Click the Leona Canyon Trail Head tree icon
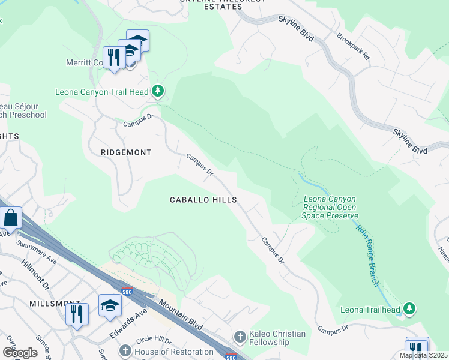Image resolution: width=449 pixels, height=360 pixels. [x=158, y=91]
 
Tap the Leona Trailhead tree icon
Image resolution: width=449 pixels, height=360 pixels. [x=409, y=308]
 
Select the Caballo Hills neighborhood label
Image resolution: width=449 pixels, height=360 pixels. [x=203, y=200]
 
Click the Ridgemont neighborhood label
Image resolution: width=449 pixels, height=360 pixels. [x=125, y=152]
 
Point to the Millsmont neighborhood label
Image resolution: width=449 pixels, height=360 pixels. [x=55, y=304]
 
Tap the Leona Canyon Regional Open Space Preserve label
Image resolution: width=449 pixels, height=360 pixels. [x=330, y=207]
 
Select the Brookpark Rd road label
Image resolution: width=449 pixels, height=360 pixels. [x=354, y=45]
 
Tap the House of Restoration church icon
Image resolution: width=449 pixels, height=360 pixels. [x=125, y=350]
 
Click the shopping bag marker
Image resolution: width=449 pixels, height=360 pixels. [x=11, y=218]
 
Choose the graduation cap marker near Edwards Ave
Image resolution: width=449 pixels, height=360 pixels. [x=110, y=306]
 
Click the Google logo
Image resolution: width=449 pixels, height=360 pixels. [x=20, y=353]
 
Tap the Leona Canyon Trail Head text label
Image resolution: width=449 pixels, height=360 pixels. [x=101, y=92]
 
